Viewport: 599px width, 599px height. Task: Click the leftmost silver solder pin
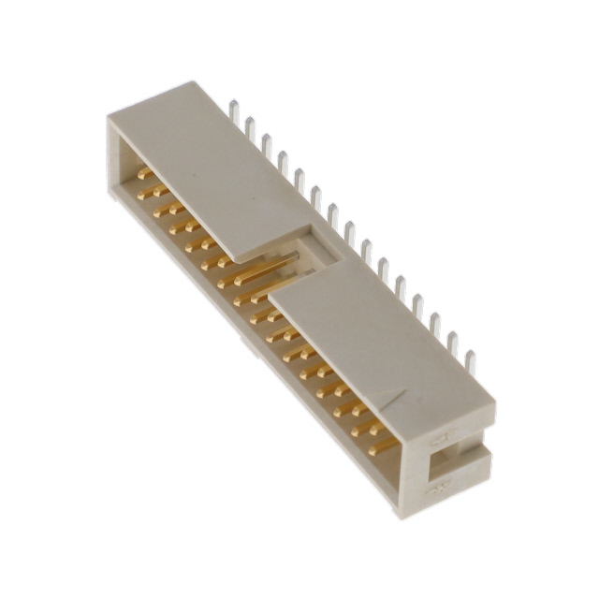[x=234, y=112]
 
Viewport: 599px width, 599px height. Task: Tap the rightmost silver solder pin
[x=470, y=361]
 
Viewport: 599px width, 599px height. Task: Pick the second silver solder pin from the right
[x=453, y=344]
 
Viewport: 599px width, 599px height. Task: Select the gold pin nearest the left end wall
[x=143, y=173]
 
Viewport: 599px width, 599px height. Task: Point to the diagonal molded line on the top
[x=412, y=398]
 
